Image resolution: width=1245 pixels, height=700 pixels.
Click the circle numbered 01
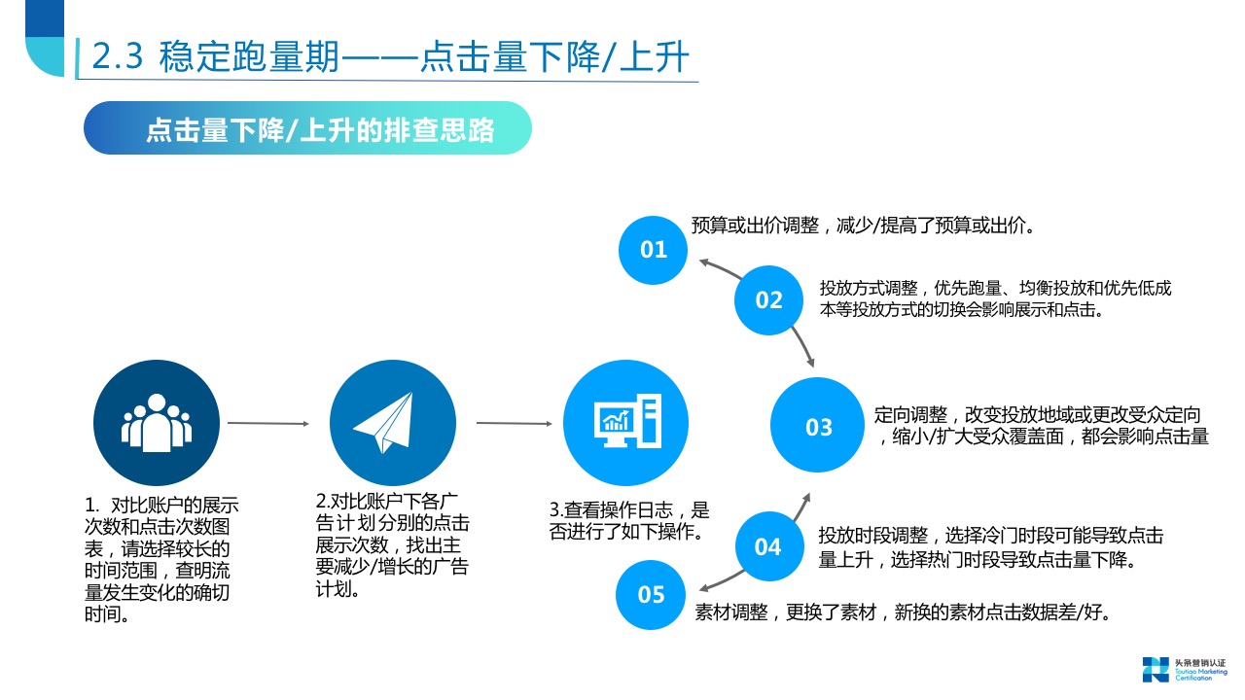tap(654, 250)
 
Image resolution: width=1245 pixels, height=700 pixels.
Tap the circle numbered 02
tap(768, 299)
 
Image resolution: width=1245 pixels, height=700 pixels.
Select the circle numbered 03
tap(818, 426)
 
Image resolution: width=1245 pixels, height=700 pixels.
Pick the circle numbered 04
tap(767, 546)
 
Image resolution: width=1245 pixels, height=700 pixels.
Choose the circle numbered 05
tap(651, 594)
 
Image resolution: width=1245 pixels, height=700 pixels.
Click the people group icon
tap(156, 423)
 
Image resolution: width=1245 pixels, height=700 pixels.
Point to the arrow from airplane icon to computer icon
tap(513, 423)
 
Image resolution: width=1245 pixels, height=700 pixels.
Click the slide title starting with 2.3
tap(389, 57)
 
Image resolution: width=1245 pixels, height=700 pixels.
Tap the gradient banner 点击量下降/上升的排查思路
tap(307, 128)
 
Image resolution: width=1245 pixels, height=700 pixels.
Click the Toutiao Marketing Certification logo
tap(1184, 670)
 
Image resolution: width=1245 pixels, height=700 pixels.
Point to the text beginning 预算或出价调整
tap(862, 226)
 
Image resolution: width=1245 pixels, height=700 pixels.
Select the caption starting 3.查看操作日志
tap(629, 521)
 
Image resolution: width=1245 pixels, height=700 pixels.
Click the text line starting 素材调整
tap(903, 612)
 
